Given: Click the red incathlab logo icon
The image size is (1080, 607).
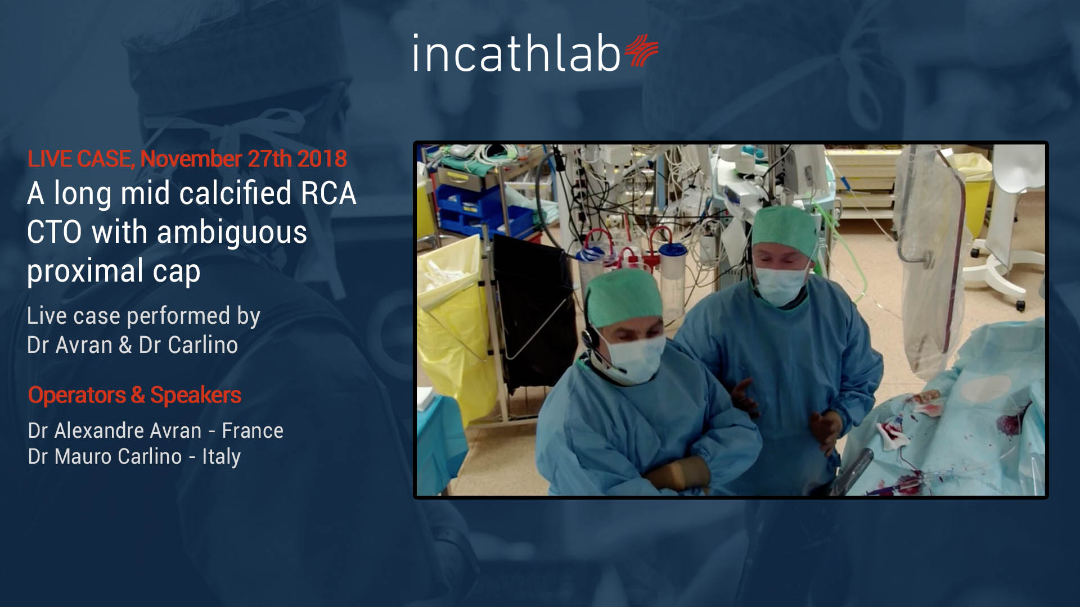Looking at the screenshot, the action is [x=641, y=51].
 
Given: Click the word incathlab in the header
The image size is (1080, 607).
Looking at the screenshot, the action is [x=516, y=53].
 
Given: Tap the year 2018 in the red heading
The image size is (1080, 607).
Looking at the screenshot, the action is [x=322, y=159].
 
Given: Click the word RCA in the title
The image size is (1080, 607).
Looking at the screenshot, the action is [x=328, y=194].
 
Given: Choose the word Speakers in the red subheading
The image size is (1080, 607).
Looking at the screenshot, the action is [x=196, y=396].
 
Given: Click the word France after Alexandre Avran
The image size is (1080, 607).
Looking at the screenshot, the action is [x=253, y=431].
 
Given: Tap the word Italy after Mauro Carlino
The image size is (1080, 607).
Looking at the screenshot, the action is [x=222, y=457].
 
